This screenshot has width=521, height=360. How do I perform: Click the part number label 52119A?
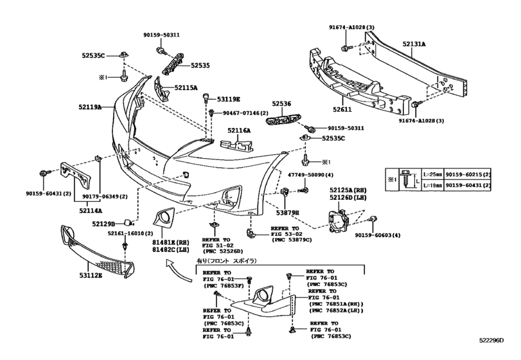point(91,107)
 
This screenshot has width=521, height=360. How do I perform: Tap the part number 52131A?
point(414,44)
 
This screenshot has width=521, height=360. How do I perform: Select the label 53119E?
point(228,100)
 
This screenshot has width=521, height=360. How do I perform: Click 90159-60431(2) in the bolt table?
point(468,185)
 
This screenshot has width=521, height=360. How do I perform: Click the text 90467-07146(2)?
point(246,113)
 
